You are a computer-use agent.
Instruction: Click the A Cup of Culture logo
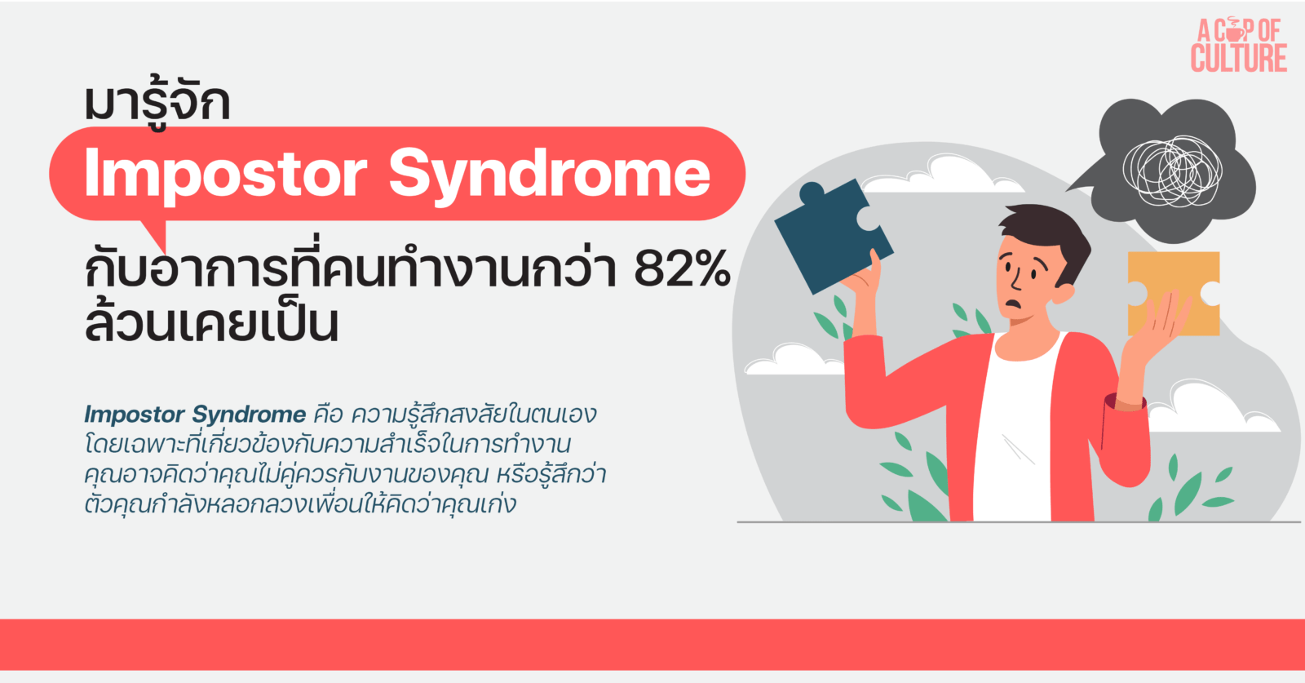tap(1238, 46)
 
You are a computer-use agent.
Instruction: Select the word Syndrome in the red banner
tap(549, 174)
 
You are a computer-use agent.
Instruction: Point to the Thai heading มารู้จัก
tap(157, 102)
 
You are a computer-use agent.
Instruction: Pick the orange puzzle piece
tap(1172, 292)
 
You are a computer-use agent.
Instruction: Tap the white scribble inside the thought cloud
tap(1172, 171)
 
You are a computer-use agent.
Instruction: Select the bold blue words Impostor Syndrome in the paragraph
tap(195, 415)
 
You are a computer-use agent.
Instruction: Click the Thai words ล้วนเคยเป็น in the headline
tap(211, 323)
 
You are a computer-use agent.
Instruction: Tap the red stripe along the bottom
tap(652, 644)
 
